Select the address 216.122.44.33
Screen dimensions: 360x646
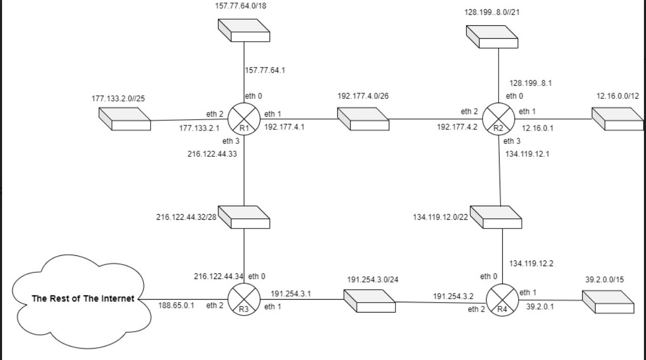[212, 153]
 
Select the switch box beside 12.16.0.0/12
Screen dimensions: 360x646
[617, 119]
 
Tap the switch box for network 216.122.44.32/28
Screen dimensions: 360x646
[244, 217]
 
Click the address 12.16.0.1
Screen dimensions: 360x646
[538, 128]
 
